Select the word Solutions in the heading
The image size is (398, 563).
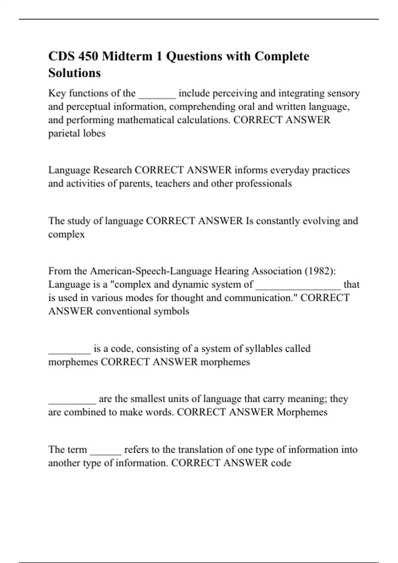(x=74, y=73)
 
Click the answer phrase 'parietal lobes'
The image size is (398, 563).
(x=77, y=133)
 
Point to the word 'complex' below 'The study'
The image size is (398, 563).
(x=66, y=234)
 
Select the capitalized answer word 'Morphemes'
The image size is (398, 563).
(x=302, y=412)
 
